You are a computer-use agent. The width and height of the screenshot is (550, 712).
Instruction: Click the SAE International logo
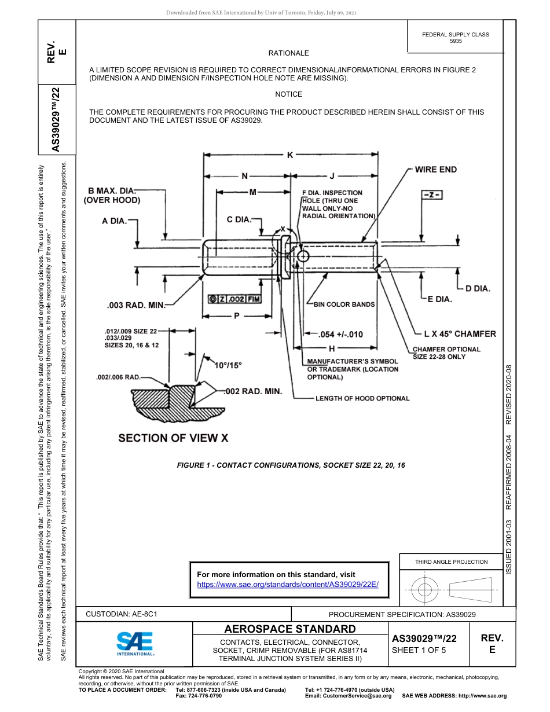click(x=134, y=643)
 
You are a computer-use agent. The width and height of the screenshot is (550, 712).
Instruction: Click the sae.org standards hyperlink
click(x=288, y=585)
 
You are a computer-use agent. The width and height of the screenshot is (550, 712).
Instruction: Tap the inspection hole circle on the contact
click(x=303, y=256)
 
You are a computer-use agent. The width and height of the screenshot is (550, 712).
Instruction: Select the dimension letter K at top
click(x=290, y=155)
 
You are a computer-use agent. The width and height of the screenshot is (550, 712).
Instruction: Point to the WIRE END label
click(x=435, y=170)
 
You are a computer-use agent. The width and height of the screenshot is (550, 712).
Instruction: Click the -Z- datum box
click(x=430, y=195)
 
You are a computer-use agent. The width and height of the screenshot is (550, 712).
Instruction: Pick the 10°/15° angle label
click(x=228, y=365)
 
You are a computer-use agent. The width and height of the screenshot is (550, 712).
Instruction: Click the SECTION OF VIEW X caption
click(x=173, y=438)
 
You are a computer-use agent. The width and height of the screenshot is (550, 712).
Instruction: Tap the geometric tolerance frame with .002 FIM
click(x=234, y=299)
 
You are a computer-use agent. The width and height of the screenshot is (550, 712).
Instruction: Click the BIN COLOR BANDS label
click(x=344, y=304)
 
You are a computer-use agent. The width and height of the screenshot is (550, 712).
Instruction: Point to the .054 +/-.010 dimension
click(x=341, y=335)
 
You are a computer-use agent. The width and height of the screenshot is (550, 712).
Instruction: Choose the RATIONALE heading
click(x=288, y=53)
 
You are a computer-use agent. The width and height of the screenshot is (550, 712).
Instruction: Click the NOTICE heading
click(x=288, y=94)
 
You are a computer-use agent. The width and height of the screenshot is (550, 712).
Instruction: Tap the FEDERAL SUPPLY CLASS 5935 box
click(x=455, y=38)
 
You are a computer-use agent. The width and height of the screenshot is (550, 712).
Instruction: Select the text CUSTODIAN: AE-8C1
click(x=122, y=614)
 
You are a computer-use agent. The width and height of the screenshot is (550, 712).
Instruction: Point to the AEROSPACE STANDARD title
click(x=290, y=629)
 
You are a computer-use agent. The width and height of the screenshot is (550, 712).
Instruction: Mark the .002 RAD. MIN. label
click(x=253, y=392)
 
